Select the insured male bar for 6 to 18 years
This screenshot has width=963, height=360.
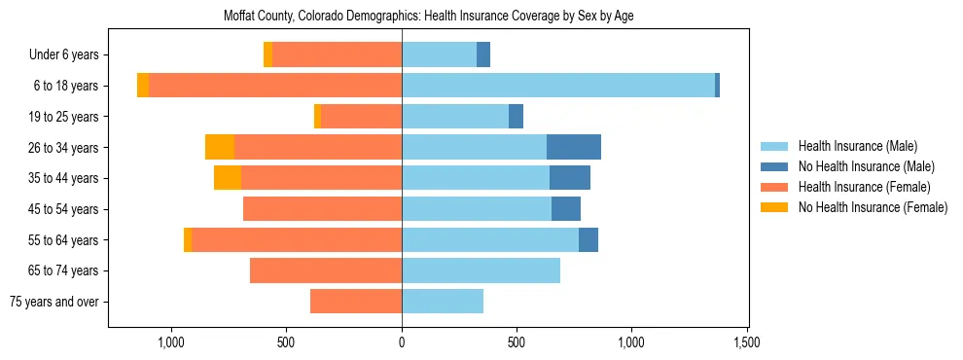[x=558, y=86]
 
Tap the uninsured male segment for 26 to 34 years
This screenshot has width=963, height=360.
[x=574, y=147]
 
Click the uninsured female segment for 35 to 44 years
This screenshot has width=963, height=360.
[x=228, y=178]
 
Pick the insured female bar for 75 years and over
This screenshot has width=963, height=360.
[x=356, y=302]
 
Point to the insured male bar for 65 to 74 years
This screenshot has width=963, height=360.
[x=481, y=270]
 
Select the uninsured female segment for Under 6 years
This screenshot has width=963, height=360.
[x=267, y=54]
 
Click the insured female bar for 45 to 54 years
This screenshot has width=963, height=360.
[x=322, y=208]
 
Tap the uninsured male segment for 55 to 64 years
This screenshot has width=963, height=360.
[x=588, y=239]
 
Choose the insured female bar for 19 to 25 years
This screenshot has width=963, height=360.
[x=361, y=117]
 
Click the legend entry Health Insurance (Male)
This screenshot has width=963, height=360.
[x=857, y=146]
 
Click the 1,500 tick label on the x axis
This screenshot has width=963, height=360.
[x=747, y=342]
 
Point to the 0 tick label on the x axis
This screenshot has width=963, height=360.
[x=402, y=342]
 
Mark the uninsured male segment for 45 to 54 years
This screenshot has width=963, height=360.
[x=566, y=208]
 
